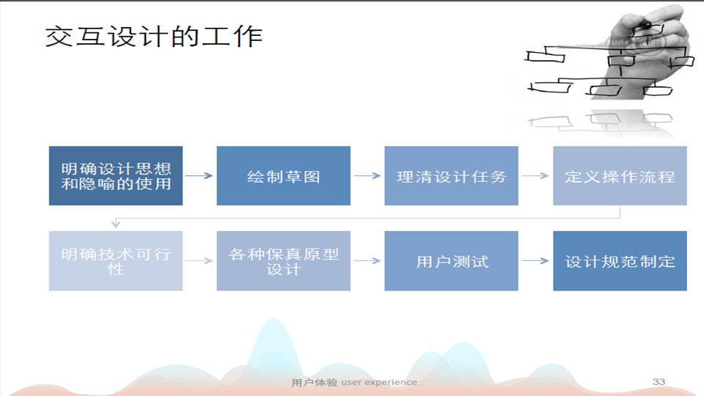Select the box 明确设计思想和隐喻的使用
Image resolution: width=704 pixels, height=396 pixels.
pos(116,176)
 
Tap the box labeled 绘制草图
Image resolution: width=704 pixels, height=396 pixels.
pos(283,176)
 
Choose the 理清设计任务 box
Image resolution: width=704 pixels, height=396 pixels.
pos(451,176)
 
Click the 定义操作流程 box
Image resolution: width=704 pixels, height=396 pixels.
pos(620,176)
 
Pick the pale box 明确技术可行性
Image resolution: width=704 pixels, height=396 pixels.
pos(116,261)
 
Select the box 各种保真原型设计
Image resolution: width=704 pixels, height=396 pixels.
pos(283,261)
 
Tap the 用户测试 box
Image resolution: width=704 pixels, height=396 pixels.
pos(451,261)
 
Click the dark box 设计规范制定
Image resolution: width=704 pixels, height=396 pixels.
pos(620,261)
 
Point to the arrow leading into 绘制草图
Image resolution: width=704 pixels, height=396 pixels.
pos(199,176)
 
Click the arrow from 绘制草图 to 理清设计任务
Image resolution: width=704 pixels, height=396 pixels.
pos(367,176)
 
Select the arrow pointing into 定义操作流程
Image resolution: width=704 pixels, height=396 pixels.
pos(535,176)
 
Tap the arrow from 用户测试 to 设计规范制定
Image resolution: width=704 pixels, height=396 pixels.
pos(535,261)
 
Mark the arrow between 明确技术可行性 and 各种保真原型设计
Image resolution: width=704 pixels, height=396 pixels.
pos(199,261)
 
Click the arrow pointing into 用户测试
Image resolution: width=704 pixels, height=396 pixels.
pos(367,261)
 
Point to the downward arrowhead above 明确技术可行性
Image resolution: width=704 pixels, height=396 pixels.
pos(115,223)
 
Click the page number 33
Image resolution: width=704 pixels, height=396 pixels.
pos(659,381)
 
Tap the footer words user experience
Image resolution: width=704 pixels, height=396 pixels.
pos(379,382)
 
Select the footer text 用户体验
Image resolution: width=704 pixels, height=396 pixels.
pos(315,382)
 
